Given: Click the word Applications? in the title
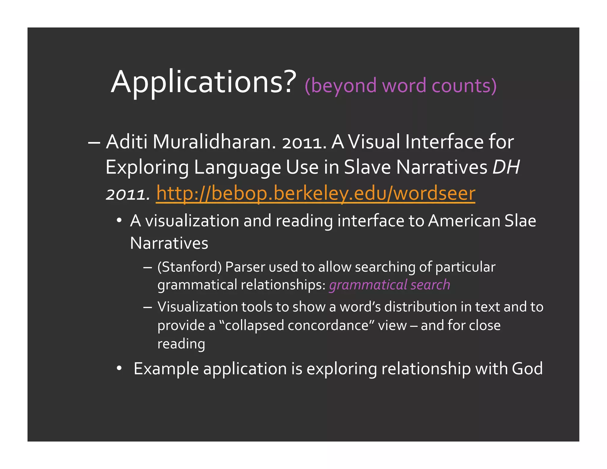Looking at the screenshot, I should click(203, 82).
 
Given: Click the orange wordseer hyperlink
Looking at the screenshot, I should click(315, 193).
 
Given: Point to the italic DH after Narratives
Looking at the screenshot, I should click(506, 167).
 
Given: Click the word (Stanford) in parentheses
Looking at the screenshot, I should click(189, 267).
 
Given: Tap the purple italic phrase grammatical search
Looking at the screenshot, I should click(389, 285).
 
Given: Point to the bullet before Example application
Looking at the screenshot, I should click(119, 368).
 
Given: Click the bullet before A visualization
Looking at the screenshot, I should click(119, 220).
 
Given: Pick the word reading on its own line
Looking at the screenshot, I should click(181, 344).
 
